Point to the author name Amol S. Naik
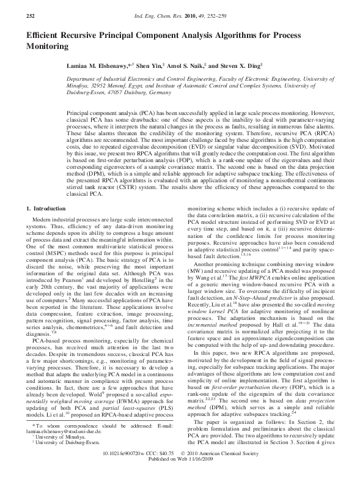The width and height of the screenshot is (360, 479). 201,65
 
